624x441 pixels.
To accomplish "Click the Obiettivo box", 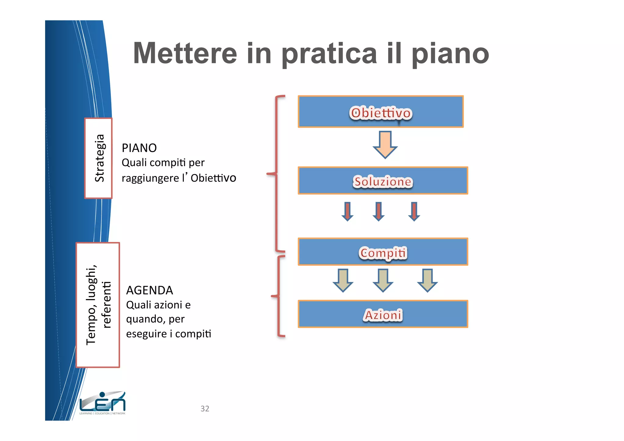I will (381, 112).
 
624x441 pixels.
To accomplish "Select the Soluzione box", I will (383, 180).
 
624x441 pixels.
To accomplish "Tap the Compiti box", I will (383, 252).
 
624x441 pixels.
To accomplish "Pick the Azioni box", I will (383, 314).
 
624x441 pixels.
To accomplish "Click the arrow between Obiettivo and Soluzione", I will (385, 144).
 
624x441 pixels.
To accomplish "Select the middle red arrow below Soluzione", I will (378, 211).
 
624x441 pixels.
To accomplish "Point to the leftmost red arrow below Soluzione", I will (347, 211).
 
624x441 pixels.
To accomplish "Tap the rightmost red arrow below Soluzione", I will (414, 211).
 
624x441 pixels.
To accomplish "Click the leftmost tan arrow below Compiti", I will (343, 280).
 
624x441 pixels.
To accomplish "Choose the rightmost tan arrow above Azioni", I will (427, 280).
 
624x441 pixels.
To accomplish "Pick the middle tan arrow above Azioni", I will (383, 280).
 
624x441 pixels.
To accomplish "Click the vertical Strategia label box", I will (98, 158).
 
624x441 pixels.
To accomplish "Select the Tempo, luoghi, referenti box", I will (98, 305).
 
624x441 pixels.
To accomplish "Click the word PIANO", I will (139, 148).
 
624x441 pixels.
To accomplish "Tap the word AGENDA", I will (150, 290).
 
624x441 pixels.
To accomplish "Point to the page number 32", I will (205, 409).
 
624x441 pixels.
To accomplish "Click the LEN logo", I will (102, 403).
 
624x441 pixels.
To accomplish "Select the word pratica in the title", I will (329, 54).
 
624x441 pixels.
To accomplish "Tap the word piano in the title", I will (450, 54).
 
